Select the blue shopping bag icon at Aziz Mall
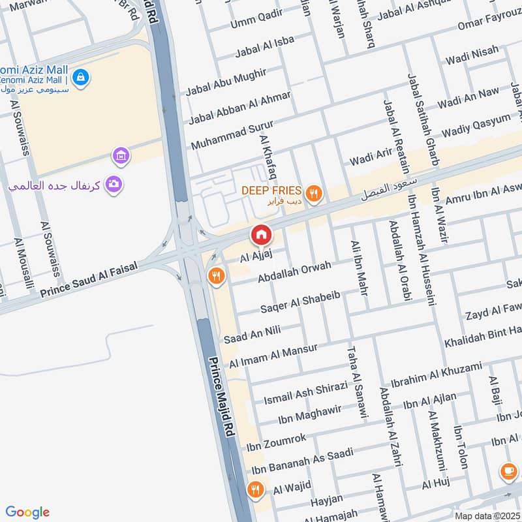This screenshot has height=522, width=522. pos(80,77)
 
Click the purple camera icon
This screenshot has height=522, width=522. pos(114,185)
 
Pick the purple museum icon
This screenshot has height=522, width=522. pos(121,155)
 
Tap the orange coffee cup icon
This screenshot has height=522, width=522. pos(508,470)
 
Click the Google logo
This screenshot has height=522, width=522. pos(27,512)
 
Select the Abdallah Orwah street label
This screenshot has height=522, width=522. pos(294,272)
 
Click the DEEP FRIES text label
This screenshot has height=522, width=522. pos(271,191)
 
